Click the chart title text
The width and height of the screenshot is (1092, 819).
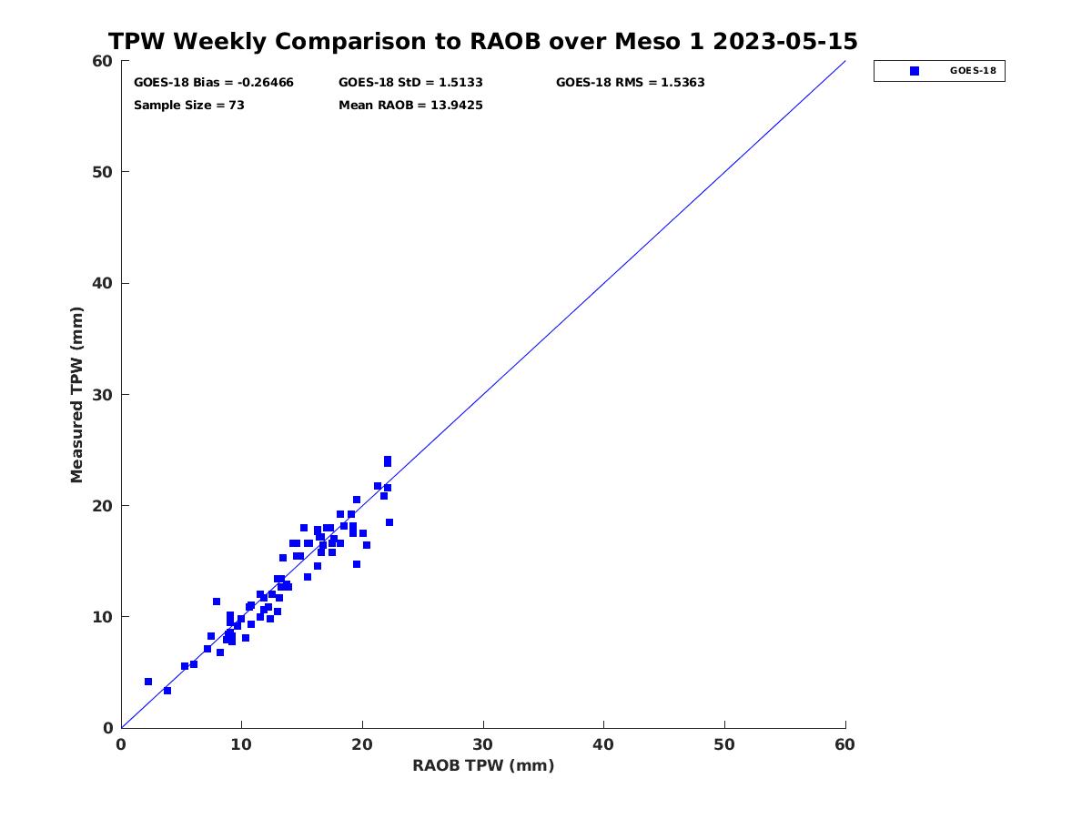click(482, 41)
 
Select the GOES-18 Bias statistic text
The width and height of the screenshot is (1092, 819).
click(214, 82)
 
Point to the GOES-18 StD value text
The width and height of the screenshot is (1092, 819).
click(410, 82)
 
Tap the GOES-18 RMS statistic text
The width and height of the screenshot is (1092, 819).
click(630, 82)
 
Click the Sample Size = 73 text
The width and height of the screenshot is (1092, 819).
click(189, 105)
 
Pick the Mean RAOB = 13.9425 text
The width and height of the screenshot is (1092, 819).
click(410, 105)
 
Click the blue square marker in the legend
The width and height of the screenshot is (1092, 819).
click(915, 71)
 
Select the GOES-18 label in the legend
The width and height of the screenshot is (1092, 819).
click(973, 71)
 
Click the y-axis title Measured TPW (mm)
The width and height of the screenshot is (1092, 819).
click(76, 395)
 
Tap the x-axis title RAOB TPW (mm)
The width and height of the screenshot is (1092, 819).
click(483, 765)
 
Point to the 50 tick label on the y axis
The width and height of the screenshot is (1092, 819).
click(103, 172)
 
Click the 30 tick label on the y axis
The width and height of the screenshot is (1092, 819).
click(103, 395)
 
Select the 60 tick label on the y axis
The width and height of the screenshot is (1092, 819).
click(103, 61)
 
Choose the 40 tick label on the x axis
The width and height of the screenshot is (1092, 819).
click(603, 744)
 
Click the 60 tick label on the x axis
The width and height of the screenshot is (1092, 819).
click(844, 744)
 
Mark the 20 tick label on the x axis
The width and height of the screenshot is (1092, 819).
click(361, 744)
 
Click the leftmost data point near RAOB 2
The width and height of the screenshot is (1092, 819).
click(148, 682)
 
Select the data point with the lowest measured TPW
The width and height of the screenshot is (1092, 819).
click(167, 691)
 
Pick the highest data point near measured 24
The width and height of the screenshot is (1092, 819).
click(388, 460)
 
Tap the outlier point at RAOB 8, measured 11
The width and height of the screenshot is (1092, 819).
click(217, 602)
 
